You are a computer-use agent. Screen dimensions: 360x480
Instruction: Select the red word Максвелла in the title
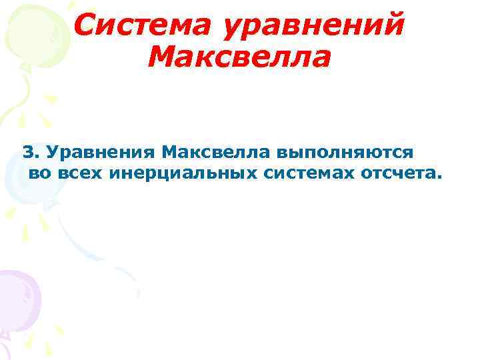(x=239, y=58)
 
